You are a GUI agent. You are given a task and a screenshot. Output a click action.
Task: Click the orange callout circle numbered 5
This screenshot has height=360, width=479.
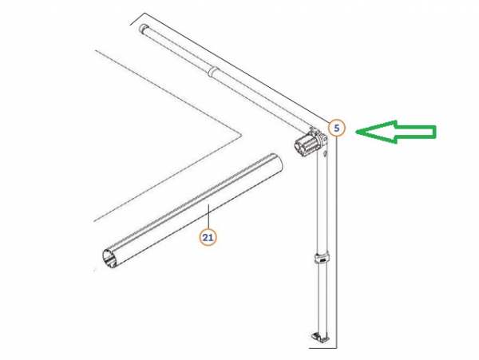tap(336, 129)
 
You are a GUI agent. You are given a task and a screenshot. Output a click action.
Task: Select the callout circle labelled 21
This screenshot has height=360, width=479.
tap(208, 237)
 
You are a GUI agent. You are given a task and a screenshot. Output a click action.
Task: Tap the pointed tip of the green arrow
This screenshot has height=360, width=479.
tap(355, 132)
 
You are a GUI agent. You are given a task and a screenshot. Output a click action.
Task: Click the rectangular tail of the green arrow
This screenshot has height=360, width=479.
tap(415, 132)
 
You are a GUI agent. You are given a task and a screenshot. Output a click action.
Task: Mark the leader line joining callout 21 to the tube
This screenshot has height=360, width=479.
tap(208, 216)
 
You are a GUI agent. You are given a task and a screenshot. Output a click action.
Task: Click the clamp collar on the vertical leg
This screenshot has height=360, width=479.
tap(323, 259)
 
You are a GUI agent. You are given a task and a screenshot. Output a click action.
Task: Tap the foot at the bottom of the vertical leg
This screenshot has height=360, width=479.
tap(320, 336)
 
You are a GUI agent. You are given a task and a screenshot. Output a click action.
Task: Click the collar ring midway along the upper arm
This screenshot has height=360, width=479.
tap(213, 72)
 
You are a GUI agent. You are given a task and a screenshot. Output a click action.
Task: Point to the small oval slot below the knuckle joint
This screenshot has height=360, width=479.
tap(325, 152)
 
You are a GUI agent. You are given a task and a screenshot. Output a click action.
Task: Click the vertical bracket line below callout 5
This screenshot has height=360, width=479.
tap(336, 242)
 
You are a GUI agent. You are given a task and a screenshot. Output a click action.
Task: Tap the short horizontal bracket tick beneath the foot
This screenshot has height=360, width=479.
tap(323, 347)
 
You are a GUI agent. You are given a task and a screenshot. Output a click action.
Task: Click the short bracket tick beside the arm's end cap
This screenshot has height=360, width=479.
tap(137, 18)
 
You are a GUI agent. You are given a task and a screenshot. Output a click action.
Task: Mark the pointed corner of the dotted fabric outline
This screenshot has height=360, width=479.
tap(241, 134)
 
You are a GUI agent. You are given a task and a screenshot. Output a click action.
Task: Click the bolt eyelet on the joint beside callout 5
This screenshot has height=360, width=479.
tap(323, 139)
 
